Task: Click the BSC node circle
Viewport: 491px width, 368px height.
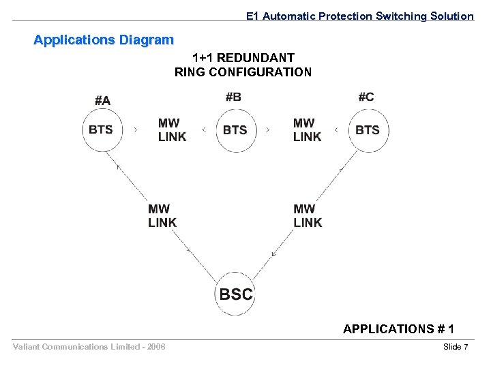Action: [236, 294]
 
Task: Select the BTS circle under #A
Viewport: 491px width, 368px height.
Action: [102, 129]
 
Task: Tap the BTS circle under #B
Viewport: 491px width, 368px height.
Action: [236, 129]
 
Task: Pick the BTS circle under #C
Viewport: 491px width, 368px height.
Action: [368, 129]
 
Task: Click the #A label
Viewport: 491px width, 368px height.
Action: [102, 100]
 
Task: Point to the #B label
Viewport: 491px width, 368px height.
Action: [233, 97]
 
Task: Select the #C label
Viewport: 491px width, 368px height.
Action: [366, 97]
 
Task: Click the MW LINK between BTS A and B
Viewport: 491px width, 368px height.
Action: [172, 129]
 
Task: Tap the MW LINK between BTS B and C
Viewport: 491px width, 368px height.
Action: [307, 129]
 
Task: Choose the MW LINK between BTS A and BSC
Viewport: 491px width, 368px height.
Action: [162, 215]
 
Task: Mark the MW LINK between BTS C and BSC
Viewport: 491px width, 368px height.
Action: [308, 215]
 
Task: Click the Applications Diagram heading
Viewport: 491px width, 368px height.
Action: [104, 40]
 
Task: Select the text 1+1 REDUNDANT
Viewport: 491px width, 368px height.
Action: [243, 58]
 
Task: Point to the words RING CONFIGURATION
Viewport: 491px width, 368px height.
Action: [243, 72]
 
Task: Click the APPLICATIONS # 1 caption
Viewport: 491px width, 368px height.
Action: [398, 329]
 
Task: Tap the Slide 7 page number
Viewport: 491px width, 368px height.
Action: [456, 348]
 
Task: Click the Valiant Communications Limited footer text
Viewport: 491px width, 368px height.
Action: [89, 348]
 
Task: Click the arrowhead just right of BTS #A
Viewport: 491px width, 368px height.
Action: [136, 129]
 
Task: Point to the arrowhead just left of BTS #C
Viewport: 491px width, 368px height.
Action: [336, 129]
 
